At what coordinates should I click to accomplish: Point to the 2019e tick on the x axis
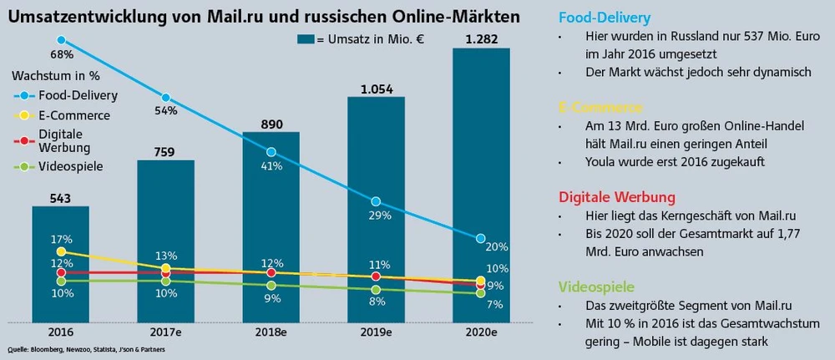pos(376,332)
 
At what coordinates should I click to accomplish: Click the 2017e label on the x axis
pos(165,332)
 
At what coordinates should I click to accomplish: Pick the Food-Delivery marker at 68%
pos(61,40)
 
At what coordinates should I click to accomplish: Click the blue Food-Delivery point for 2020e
pos(480,239)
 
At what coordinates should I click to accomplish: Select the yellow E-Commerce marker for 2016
pos(61,251)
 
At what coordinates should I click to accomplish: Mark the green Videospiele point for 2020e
pos(480,293)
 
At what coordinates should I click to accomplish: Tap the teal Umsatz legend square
pos(305,38)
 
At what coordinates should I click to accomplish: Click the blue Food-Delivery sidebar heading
pos(604,17)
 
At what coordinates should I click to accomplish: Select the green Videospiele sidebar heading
pos(595,286)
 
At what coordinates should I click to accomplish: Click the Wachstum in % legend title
pos(49,74)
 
